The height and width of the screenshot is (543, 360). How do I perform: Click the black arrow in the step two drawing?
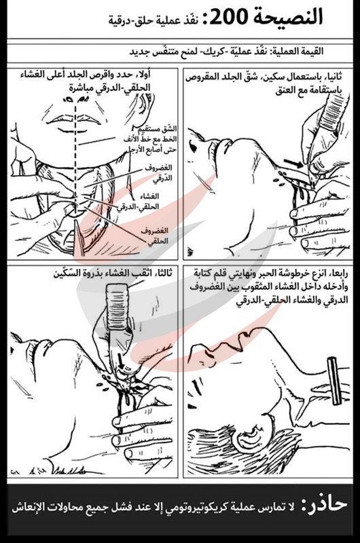[x=293, y=164]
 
